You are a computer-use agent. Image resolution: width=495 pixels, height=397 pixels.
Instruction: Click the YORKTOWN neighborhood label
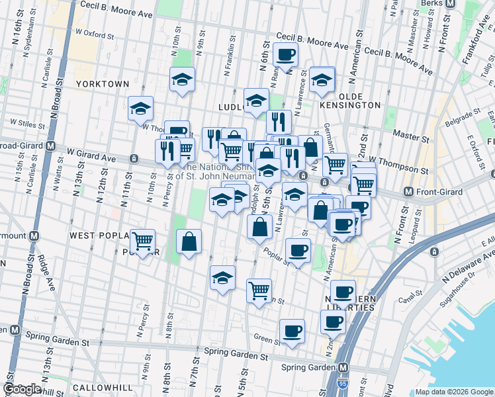102,84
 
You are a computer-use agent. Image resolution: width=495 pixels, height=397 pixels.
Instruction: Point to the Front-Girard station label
440,192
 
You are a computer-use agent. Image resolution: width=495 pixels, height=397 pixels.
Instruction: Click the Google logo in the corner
22,389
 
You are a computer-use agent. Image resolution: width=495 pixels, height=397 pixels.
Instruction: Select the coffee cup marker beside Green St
291,331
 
